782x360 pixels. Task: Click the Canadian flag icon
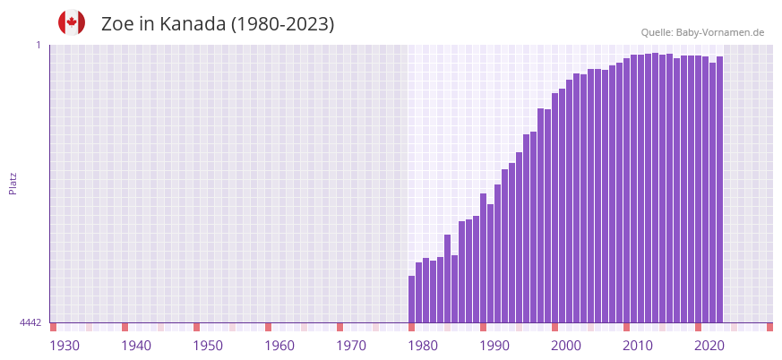[72, 22]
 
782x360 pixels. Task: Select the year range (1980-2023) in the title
[282, 24]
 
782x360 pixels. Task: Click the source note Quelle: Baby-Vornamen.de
[702, 32]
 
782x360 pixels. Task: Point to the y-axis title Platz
[13, 184]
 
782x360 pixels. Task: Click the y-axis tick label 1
[38, 45]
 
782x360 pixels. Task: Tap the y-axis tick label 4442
[30, 322]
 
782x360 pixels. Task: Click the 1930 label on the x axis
[64, 346]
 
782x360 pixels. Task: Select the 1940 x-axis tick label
[136, 346]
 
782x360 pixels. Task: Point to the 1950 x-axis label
[208, 346]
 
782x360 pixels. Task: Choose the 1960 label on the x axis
[279, 346]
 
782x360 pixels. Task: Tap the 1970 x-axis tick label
[351, 346]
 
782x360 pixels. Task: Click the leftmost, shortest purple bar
[411, 299]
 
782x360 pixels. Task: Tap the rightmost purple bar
[719, 188]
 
